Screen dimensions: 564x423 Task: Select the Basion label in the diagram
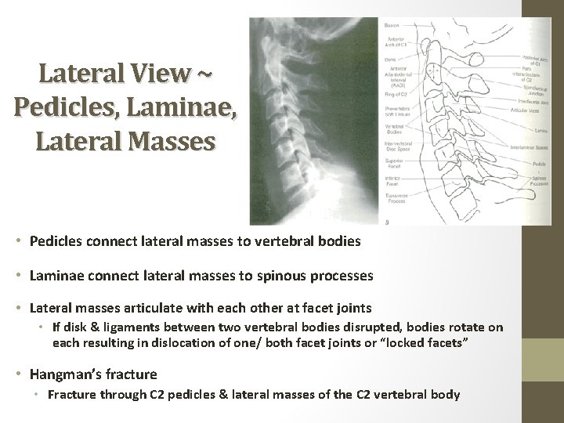392,26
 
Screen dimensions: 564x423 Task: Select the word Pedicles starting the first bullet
56,242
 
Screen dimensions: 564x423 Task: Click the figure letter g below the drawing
386,222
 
